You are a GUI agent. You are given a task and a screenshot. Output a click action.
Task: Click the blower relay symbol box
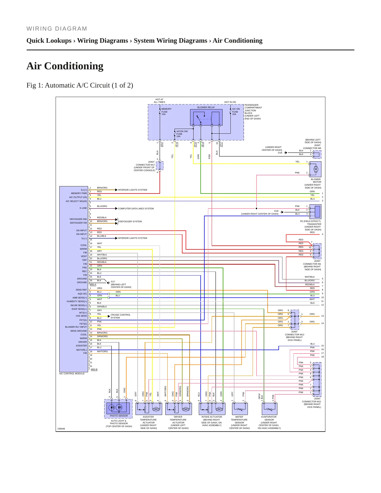(206, 117)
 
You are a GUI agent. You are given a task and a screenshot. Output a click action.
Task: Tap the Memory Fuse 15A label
(166, 112)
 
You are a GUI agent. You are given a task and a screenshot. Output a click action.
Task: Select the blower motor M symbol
(316, 169)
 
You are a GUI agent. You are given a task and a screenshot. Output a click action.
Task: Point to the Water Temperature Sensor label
(239, 422)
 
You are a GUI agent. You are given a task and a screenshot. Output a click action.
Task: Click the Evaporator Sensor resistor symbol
(269, 409)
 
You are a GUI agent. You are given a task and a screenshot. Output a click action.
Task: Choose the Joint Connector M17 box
(160, 166)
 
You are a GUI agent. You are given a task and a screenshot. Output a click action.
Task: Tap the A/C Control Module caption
(72, 374)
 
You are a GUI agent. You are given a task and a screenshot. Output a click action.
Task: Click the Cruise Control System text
(120, 316)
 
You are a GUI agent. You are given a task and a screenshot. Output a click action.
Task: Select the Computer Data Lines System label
(136, 209)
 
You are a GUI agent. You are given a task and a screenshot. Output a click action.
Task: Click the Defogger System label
(131, 221)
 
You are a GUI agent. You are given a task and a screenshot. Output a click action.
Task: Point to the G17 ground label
(113, 282)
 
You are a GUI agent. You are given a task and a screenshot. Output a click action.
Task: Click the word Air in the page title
(35, 66)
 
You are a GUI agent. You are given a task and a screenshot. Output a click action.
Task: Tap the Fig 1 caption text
(80, 85)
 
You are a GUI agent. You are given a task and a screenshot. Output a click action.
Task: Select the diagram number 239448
(61, 429)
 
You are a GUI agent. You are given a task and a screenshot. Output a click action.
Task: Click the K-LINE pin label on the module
(83, 208)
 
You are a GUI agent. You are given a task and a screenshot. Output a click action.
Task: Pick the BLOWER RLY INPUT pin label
(76, 327)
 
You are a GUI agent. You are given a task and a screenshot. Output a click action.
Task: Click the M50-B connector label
(94, 369)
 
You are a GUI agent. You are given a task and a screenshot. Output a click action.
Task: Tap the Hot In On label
(230, 102)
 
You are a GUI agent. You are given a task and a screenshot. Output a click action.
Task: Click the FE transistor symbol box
(315, 211)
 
